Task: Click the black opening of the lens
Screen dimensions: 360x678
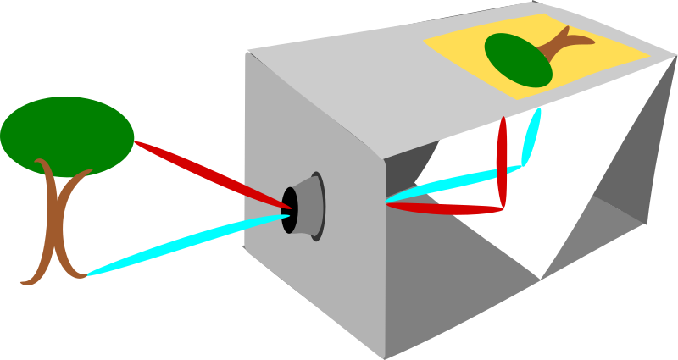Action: click(x=290, y=209)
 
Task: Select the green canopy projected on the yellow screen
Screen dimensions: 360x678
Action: click(x=517, y=59)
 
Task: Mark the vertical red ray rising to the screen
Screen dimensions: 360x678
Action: click(x=503, y=161)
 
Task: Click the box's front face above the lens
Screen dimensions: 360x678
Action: click(x=305, y=127)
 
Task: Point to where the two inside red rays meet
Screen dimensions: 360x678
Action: click(x=503, y=206)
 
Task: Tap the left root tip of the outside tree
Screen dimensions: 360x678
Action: click(x=24, y=282)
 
